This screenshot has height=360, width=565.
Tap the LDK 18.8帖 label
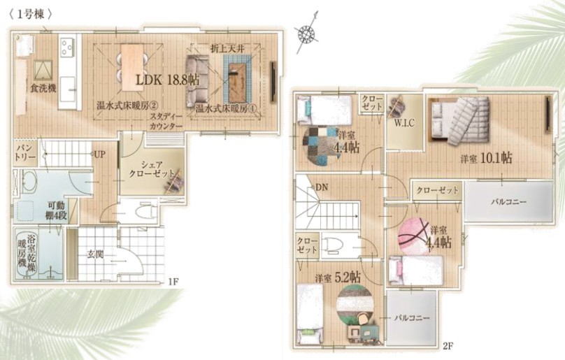167,80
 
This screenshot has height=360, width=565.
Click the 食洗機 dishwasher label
43,88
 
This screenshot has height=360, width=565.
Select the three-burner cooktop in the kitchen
67,47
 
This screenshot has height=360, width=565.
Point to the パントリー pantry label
26,153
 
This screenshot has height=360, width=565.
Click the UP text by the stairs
100,154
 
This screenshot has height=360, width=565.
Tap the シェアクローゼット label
152,169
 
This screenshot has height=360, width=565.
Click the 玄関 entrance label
96,254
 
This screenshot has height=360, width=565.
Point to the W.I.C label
404,123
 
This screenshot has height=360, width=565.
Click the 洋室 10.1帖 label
487,158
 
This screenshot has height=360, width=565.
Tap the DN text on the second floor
322,187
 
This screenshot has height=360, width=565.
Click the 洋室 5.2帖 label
338,278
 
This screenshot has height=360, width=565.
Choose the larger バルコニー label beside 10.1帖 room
509,202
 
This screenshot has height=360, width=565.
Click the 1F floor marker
173,282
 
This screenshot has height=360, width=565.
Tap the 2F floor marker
448,346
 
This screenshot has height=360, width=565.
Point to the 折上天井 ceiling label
227,49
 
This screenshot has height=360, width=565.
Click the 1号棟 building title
31,15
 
